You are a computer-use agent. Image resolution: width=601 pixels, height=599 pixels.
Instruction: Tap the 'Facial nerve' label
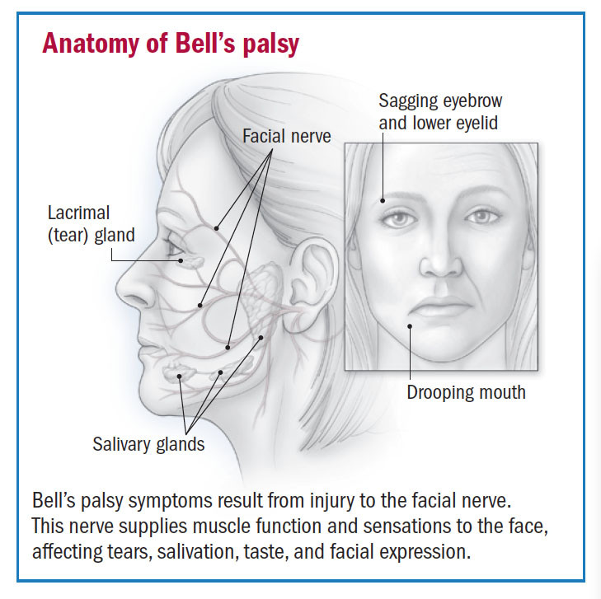287,135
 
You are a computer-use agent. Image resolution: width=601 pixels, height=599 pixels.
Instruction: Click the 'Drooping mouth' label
466,392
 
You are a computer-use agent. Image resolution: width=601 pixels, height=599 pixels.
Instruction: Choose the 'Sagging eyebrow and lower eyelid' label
440,113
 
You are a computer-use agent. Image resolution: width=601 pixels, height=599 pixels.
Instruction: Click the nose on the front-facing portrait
437,262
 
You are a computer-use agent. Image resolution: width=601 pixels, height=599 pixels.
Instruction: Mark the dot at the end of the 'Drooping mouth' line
409,326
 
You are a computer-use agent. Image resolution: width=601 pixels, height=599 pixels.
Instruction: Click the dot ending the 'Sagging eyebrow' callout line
384,199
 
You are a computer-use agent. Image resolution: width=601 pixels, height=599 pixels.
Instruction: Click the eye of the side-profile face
171,247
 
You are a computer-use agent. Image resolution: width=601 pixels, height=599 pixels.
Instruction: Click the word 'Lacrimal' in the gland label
78,213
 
